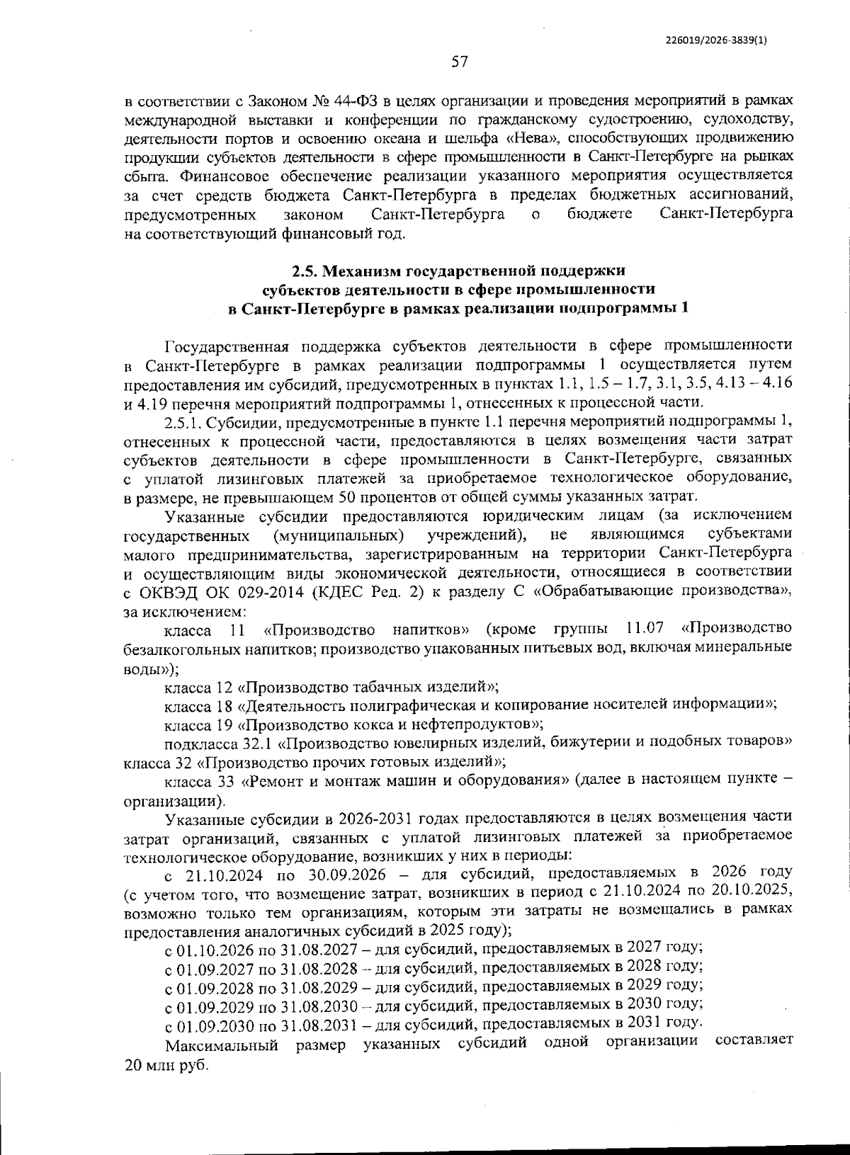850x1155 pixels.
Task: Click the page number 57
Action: point(460,62)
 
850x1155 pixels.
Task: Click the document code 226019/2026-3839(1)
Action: point(716,40)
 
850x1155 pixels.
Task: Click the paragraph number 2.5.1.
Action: point(183,422)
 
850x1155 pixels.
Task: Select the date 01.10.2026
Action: point(214,947)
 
